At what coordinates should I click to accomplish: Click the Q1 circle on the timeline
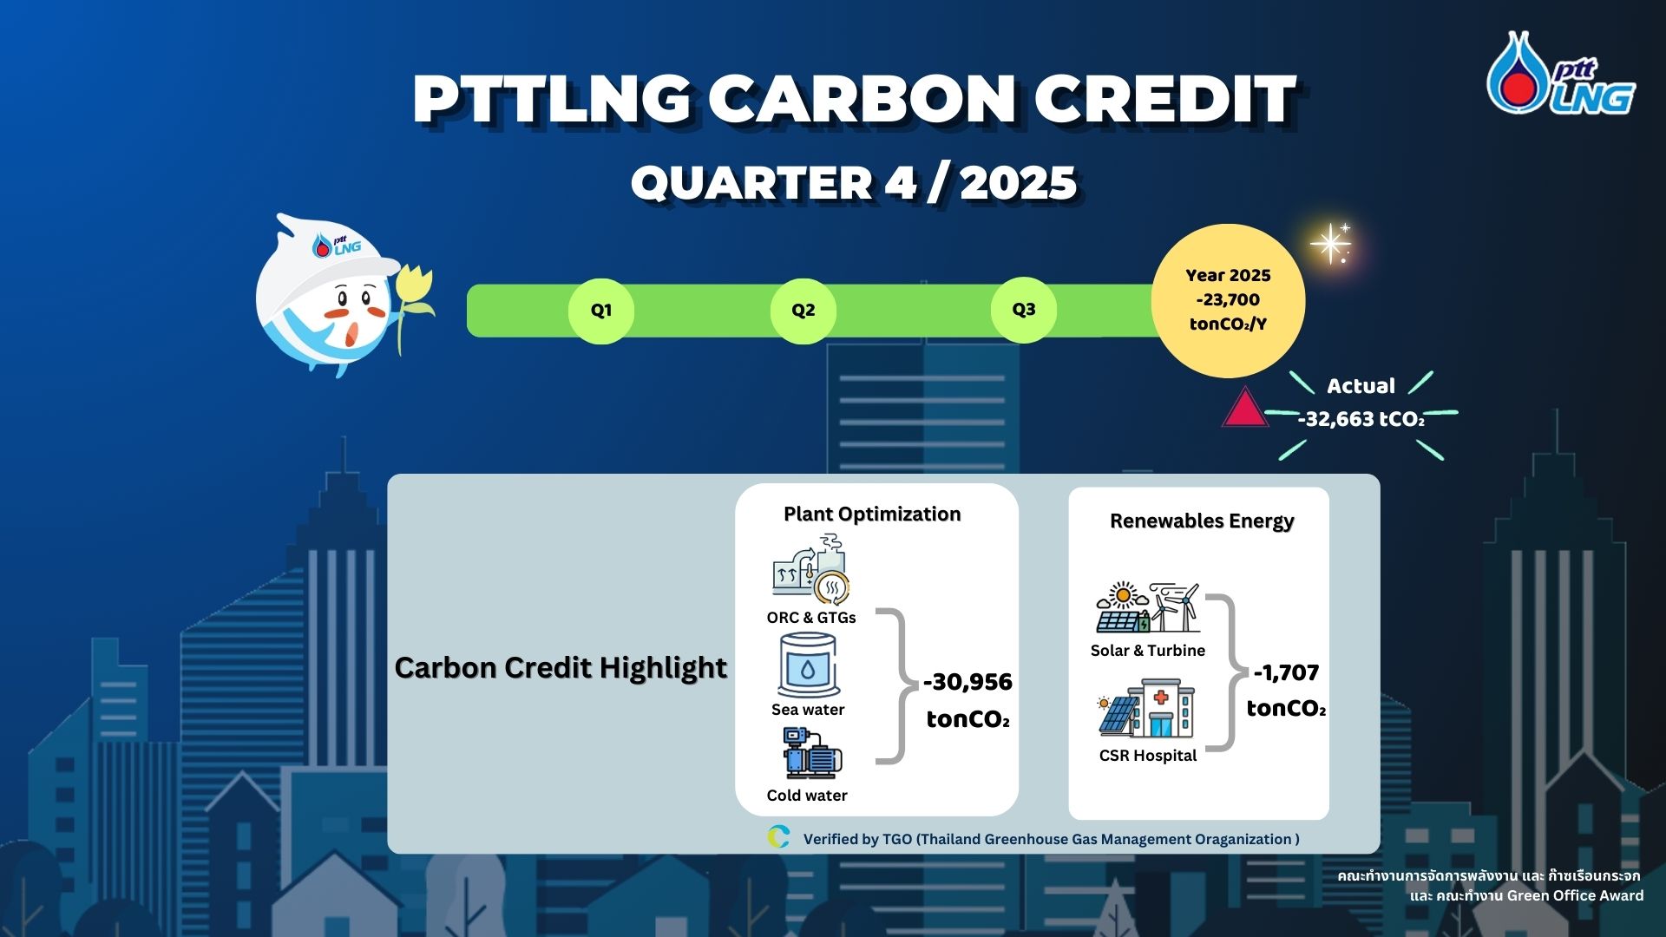[x=601, y=311]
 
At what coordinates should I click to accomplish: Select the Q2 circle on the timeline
[x=803, y=311]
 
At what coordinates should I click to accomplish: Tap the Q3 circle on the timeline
[x=1024, y=310]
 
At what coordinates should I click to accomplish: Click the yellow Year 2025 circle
[x=1228, y=300]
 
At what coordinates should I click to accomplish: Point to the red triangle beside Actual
[x=1245, y=409]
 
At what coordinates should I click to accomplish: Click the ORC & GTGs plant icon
[x=811, y=569]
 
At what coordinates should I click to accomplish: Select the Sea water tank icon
[x=808, y=665]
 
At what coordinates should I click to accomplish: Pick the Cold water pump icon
[x=811, y=753]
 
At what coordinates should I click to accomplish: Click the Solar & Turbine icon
[x=1148, y=607]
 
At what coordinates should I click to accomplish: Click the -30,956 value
[x=967, y=682]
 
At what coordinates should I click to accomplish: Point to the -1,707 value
[x=1286, y=672]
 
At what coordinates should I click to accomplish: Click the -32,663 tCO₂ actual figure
[x=1361, y=419]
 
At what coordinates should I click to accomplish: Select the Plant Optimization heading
[x=872, y=514]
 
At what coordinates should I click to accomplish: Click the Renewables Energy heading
[x=1202, y=521]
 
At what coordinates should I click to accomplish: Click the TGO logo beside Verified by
[x=778, y=837]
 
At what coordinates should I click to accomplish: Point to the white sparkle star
[x=1330, y=244]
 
